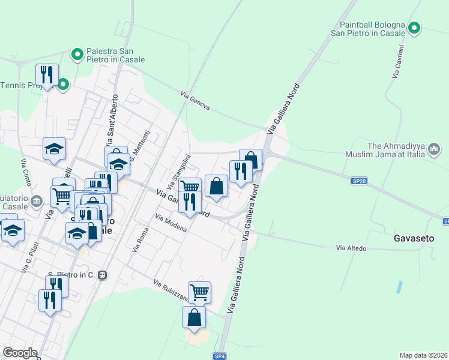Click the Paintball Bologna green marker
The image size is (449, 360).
point(414,28)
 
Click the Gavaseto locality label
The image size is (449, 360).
point(414,238)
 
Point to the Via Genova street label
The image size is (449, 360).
point(196,100)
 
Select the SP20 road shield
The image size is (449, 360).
point(358,179)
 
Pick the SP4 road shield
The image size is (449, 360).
point(220,356)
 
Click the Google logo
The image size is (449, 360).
point(20,352)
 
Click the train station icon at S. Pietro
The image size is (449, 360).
point(103,275)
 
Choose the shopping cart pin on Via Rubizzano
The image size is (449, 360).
point(199,292)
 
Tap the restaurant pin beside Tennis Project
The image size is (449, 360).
point(47,75)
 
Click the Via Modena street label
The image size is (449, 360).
point(170,223)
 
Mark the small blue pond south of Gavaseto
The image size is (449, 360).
point(399,287)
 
